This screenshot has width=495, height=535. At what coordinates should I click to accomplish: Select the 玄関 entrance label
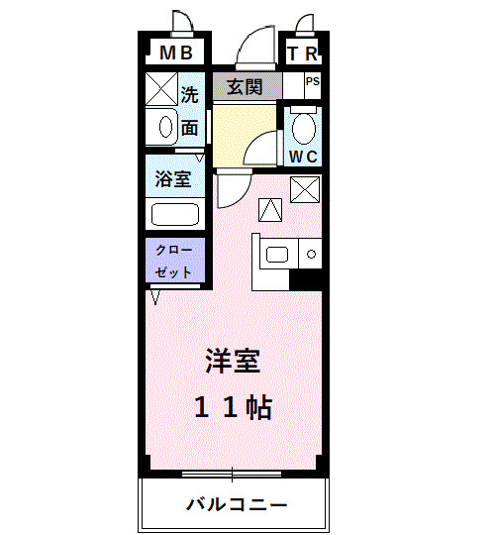(x=245, y=86)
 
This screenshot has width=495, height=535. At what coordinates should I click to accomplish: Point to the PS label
(x=312, y=82)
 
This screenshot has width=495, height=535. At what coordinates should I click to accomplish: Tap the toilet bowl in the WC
(x=303, y=127)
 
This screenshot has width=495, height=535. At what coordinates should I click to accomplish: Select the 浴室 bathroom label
(x=174, y=180)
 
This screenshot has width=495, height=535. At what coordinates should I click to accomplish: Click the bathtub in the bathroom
(x=174, y=214)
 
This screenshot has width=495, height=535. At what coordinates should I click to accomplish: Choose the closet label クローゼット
(x=174, y=260)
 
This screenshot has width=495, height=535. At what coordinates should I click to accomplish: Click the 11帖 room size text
(x=233, y=407)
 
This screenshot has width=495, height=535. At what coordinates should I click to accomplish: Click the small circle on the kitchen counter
(x=311, y=255)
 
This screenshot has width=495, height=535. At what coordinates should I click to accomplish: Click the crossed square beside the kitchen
(x=304, y=187)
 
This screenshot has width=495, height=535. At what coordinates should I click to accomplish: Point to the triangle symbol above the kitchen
(x=270, y=209)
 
